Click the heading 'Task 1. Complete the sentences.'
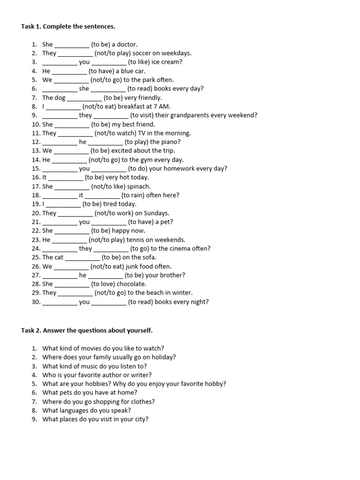pos(68,27)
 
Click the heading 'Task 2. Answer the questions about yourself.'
pos(87,330)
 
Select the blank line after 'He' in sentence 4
pos(69,71)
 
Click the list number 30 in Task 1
pos(36,302)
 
